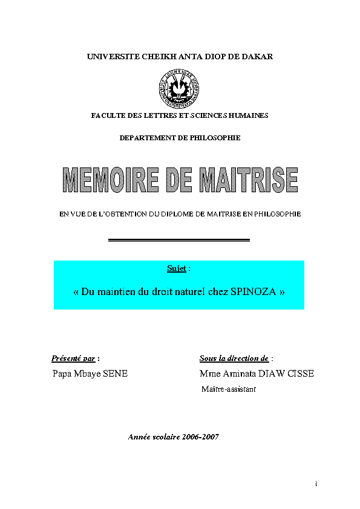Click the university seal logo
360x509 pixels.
point(179,86)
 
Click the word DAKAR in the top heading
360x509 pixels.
point(258,56)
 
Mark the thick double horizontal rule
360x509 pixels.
point(179,240)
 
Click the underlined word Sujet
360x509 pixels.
point(176,268)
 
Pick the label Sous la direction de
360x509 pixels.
point(234,358)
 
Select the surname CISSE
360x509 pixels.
point(299,374)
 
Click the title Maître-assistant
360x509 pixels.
point(228,389)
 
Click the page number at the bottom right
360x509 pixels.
point(316,484)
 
